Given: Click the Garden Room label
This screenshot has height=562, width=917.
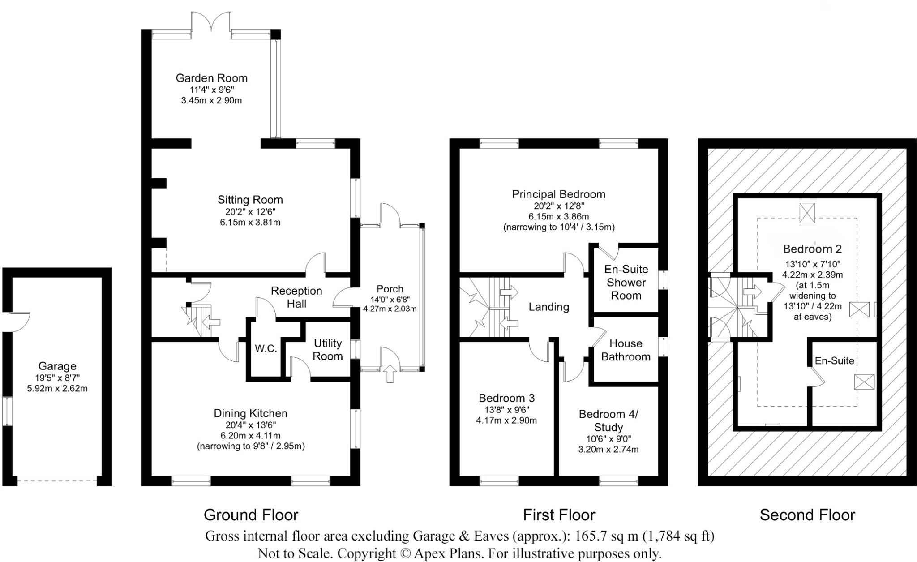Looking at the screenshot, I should point(211,78).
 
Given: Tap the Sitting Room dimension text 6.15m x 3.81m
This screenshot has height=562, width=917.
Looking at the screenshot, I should point(250,222).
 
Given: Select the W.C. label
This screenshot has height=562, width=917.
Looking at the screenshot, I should point(266,348).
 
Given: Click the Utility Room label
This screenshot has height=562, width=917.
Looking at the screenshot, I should point(328,350).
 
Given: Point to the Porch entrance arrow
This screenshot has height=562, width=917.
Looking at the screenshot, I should point(390,373).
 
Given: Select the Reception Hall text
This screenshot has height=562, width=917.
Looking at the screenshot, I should point(296,297).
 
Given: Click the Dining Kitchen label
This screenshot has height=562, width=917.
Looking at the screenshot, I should point(250,413).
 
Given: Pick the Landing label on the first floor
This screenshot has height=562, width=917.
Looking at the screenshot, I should point(548,307).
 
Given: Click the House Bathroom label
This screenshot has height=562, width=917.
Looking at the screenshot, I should point(626,350).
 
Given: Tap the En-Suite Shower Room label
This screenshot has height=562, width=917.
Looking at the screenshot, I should point(626,282).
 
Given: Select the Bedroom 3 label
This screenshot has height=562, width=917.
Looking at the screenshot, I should point(506,398).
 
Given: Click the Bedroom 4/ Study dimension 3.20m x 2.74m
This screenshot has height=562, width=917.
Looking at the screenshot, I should point(608,449).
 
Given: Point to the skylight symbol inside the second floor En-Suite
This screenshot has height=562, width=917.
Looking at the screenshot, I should point(864,382).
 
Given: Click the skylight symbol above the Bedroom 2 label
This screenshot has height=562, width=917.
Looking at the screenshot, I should point(807,212).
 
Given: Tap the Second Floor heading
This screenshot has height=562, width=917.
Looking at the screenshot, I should point(807,515).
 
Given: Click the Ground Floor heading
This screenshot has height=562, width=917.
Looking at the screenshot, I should point(251,515).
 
